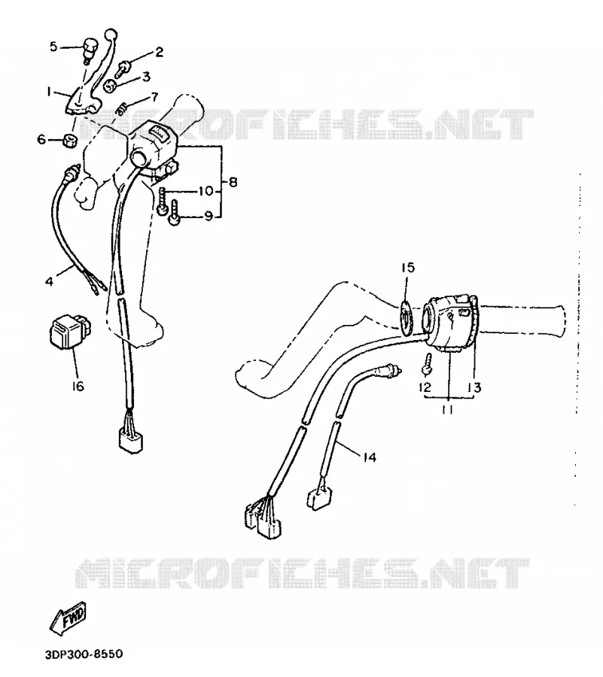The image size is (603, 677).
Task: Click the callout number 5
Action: pyautogui.click(x=53, y=46)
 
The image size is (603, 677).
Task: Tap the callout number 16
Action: pyautogui.click(x=78, y=386)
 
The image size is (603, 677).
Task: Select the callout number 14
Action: pyautogui.click(x=370, y=457)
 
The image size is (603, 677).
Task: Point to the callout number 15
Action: pyautogui.click(x=407, y=267)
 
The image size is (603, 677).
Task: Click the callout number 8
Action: pyautogui.click(x=233, y=182)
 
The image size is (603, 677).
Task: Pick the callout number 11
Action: pyautogui.click(x=447, y=409)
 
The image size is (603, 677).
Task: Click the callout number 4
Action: pyautogui.click(x=49, y=281)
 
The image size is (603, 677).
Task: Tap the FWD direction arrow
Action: pyautogui.click(x=69, y=619)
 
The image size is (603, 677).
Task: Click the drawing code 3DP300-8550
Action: pyautogui.click(x=84, y=654)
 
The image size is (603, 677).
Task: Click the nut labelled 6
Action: pyautogui.click(x=69, y=140)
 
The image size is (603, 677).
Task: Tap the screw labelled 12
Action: pyautogui.click(x=427, y=364)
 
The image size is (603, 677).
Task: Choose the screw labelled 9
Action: pyautogui.click(x=175, y=212)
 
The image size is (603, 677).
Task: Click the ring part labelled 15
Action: pyautogui.click(x=406, y=317)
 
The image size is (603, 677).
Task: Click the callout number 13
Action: pyautogui.click(x=474, y=387)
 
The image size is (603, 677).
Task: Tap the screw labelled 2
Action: pyautogui.click(x=122, y=65)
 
